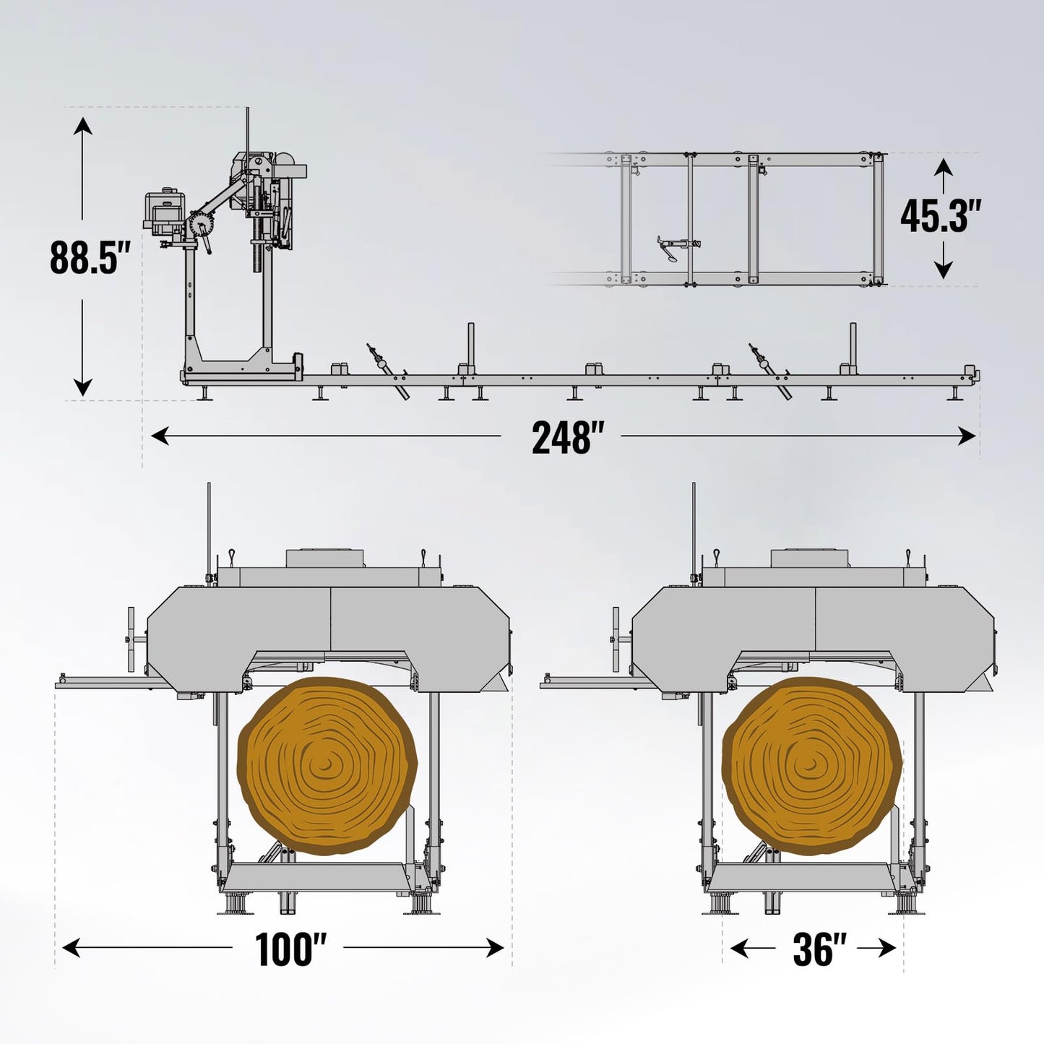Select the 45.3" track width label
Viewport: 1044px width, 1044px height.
(941, 215)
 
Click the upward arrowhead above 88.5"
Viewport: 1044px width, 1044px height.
(82, 126)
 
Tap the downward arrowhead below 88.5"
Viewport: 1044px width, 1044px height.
(82, 387)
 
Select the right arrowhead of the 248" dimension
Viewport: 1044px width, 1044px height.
(967, 436)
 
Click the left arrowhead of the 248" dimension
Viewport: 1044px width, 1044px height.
(160, 436)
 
